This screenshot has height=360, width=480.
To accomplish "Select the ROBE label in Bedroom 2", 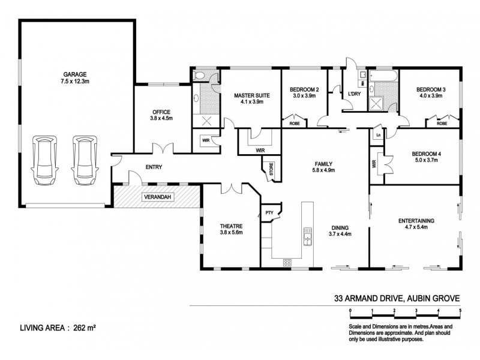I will point(295,123).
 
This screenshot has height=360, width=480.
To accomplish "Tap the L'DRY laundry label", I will point(353,94).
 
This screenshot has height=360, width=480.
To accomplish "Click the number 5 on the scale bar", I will point(460,309).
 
